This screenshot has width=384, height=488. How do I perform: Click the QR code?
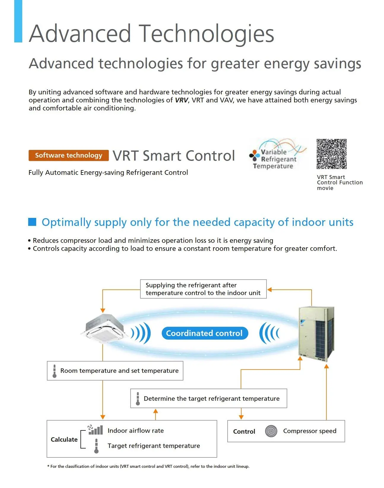pos(331,154)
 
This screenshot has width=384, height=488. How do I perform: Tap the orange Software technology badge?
pos(69,156)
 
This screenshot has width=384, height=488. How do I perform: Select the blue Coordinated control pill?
pos(204,333)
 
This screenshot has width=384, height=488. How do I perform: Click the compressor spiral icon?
pos(271,431)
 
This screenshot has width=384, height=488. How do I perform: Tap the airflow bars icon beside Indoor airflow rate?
pos(96,430)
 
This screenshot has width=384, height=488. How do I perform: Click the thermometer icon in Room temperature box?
pos(54,371)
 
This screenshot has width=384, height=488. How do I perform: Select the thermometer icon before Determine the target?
pos(138,399)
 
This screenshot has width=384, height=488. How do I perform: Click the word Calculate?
pos(64,440)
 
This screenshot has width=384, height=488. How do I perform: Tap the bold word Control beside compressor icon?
pos(244,432)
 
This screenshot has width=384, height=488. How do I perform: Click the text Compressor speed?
pos(310,431)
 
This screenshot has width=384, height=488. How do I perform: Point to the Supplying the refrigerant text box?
pos(203,289)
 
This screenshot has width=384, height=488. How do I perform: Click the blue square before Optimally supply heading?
pos(32,222)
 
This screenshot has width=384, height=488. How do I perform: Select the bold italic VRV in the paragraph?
pos(181,100)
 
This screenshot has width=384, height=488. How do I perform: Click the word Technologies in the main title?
pos(206,34)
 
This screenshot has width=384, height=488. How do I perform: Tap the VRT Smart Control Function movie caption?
pos(339,183)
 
